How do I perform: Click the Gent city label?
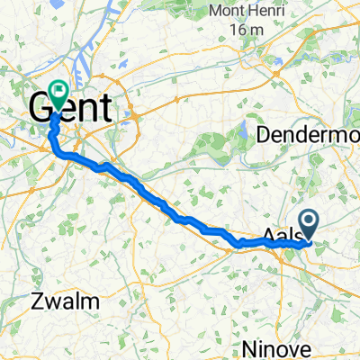72,107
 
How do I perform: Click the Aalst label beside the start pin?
281,237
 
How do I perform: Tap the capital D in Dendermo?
264,135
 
